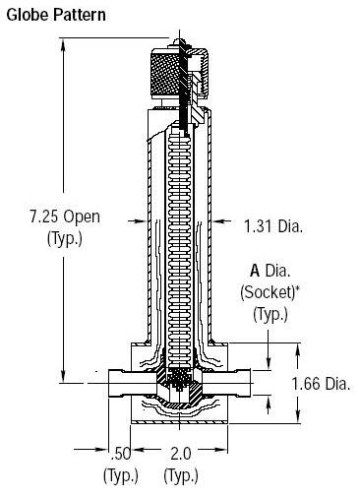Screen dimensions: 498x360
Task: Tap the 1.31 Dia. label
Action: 272,227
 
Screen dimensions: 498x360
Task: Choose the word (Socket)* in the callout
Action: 278,293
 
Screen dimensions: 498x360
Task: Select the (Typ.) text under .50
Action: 120,477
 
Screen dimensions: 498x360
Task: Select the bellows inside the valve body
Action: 177,246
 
